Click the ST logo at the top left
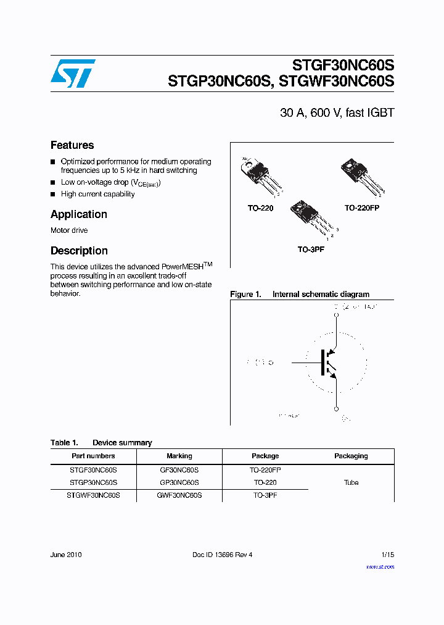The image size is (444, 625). pos(73,73)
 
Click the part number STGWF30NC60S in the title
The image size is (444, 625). pos(337,82)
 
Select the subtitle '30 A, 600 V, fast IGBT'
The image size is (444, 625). pos(337,113)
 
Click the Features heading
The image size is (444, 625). pos(72,145)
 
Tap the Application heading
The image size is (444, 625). pos(78,214)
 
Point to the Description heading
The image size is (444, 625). pos(79,251)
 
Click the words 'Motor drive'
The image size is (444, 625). pos(69,230)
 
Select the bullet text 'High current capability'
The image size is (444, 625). pos(97,194)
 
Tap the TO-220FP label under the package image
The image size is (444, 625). pos(361,208)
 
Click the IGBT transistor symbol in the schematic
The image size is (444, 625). pos(327,363)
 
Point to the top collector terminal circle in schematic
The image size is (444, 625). pos(336,315)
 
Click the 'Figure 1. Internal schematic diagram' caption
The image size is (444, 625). pos(300,295)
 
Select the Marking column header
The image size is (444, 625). pos(179,456)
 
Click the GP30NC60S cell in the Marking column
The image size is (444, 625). pos(179,482)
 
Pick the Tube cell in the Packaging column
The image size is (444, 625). pos(351,482)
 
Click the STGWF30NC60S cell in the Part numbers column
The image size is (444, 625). pos(93,495)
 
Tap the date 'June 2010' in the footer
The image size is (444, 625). pos(66,555)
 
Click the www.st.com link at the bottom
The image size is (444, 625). pos(380,566)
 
